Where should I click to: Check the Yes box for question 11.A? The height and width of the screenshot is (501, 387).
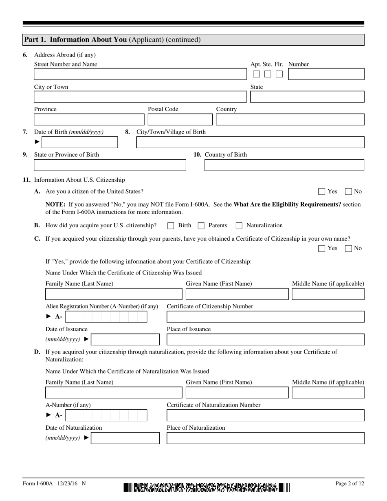tap(322, 191)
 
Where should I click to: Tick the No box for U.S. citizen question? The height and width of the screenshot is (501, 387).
tap(348, 191)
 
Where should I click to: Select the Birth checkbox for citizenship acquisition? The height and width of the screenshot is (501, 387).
tap(171, 226)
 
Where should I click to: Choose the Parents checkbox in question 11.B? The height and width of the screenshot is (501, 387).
tap(201, 226)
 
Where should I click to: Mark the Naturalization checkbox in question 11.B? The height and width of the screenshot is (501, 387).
tap(239, 226)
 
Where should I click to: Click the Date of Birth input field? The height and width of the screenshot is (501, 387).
tap(79, 142)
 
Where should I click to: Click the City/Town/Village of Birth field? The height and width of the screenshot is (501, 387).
tap(250, 142)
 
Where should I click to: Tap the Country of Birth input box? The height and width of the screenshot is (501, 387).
tap(284, 165)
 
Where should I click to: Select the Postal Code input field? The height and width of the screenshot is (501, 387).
tap(180, 120)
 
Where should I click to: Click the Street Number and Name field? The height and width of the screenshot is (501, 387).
tap(140, 74)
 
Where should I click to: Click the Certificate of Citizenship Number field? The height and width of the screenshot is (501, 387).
tap(265, 317)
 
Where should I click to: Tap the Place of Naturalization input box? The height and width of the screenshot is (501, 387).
tap(265, 438)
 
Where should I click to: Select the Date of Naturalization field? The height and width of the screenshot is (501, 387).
tap(125, 438)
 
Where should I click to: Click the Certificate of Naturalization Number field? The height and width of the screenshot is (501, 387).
tap(265, 415)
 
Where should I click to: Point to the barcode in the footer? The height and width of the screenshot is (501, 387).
tap(207, 487)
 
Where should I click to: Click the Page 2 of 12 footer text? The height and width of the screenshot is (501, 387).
tap(349, 483)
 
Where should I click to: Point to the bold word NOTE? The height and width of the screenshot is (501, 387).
tap(56, 204)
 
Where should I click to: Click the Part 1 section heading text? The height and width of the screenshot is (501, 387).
tap(112, 40)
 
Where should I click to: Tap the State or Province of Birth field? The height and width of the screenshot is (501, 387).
tap(110, 165)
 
